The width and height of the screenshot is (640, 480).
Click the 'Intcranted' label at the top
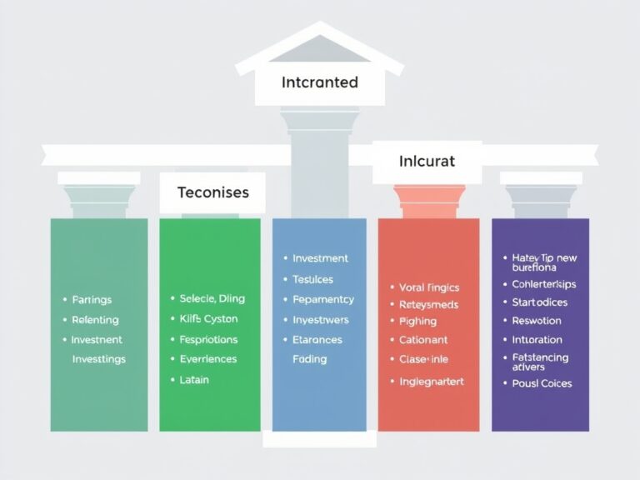(320, 82)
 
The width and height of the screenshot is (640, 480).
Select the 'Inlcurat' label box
(427, 161)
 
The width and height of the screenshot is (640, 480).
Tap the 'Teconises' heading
(213, 192)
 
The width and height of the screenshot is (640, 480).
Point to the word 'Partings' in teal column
(92, 300)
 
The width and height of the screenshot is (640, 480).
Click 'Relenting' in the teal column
(95, 320)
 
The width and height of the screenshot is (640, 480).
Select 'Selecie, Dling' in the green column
(212, 298)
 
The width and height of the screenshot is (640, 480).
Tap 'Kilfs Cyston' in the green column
(208, 318)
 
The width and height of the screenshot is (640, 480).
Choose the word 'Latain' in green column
(194, 379)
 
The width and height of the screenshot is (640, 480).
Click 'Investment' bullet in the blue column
(320, 258)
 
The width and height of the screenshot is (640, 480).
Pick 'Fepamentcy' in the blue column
(323, 299)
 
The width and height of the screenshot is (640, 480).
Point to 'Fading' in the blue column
(309, 359)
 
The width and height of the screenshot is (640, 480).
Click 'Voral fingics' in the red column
(430, 287)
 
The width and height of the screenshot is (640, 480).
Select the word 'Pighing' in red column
(418, 321)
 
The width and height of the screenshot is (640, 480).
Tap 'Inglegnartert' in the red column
(432, 381)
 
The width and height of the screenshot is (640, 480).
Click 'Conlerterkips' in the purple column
(544, 284)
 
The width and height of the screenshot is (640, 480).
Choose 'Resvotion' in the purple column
(537, 321)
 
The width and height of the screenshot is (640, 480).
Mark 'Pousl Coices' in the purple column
(542, 383)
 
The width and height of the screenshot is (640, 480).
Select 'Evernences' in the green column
(207, 359)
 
